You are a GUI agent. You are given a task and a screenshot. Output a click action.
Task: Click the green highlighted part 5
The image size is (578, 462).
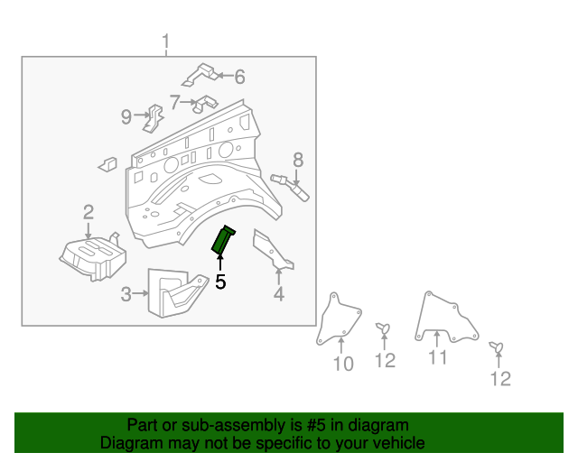222,239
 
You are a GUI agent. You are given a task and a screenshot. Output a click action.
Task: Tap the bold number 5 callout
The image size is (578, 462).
220,282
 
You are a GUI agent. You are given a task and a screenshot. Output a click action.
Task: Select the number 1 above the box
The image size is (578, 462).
166,42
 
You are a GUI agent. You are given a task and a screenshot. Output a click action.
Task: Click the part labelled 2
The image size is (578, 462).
90,254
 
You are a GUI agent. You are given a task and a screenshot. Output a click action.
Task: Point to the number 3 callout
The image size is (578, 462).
126,293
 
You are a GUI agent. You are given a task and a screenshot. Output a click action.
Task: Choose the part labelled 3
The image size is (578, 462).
180,293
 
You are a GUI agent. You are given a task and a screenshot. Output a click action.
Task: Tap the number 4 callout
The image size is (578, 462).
279,293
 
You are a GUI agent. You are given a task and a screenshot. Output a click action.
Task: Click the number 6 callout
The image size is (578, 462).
239,77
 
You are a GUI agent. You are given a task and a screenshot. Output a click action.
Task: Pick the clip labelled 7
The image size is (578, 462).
205,104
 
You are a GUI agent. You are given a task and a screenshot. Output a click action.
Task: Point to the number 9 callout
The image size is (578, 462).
126,115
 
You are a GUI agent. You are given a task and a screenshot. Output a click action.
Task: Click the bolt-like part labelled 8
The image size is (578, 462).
291,186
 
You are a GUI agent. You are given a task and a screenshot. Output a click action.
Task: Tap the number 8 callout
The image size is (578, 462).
298,161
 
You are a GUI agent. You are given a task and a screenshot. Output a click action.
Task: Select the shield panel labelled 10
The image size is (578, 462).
340,320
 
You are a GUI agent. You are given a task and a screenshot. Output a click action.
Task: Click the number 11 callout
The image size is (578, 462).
437,357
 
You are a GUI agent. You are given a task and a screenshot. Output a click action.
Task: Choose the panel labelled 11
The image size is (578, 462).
443,316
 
